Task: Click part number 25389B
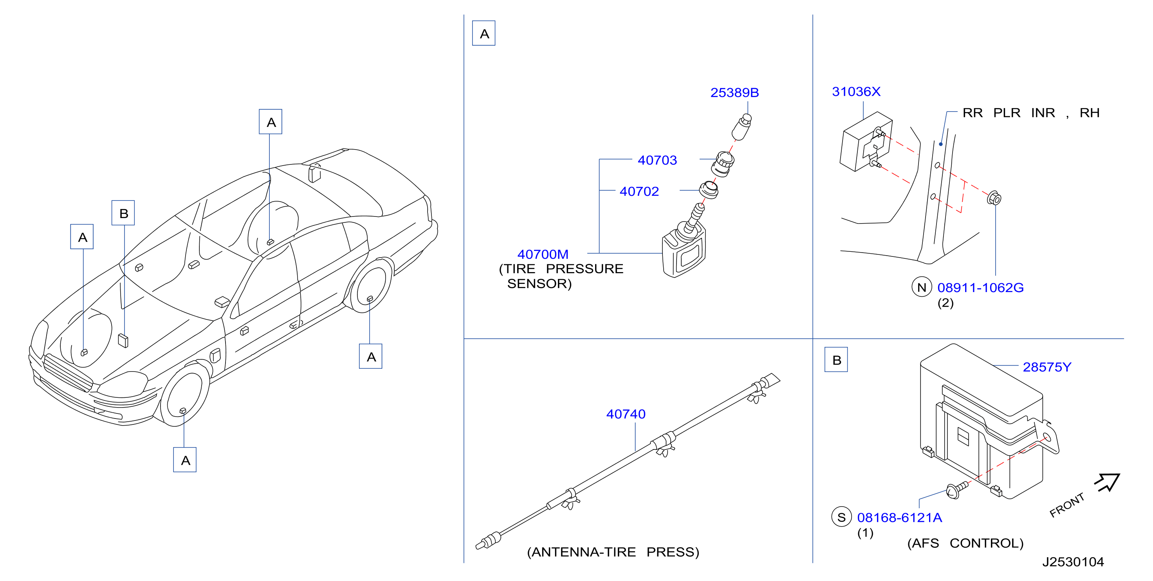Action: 734,93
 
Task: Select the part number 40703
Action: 657,160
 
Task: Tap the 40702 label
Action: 639,191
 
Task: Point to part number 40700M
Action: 543,254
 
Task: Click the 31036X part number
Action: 856,92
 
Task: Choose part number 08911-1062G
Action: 980,288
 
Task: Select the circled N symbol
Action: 922,287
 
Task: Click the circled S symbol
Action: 841,517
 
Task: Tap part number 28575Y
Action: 1047,368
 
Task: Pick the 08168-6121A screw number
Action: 900,518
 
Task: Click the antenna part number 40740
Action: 626,415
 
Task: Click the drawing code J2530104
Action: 1073,562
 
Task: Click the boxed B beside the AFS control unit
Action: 836,360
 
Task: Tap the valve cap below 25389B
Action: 742,127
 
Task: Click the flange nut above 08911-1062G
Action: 994,198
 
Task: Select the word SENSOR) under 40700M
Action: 540,284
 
